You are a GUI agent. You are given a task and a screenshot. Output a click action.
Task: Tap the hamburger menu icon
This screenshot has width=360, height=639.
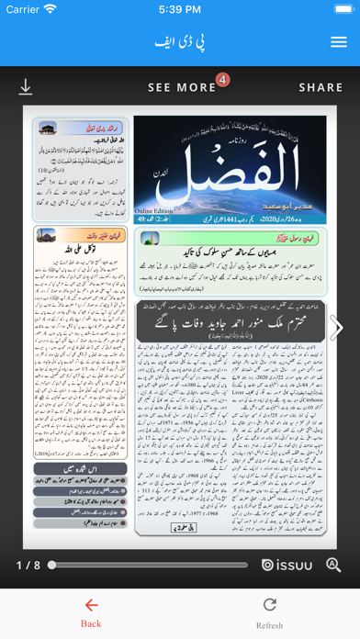pyautogui.click(x=338, y=42)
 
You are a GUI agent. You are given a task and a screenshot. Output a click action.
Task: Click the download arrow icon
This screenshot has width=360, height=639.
pyautogui.click(x=26, y=87)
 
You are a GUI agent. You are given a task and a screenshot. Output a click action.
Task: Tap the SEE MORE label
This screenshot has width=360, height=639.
pyautogui.click(x=182, y=88)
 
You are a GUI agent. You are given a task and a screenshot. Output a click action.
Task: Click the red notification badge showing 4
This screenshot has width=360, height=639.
pyautogui.click(x=222, y=80)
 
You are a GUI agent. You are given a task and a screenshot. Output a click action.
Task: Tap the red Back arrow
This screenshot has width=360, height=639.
pyautogui.click(x=90, y=605)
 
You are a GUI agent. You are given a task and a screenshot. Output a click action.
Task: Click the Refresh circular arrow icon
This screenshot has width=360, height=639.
pyautogui.click(x=269, y=604)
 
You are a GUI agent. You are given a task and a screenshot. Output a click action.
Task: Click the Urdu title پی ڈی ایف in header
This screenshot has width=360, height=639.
pyautogui.click(x=179, y=42)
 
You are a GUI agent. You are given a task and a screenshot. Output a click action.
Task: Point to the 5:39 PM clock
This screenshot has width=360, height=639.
pyautogui.click(x=180, y=9)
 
